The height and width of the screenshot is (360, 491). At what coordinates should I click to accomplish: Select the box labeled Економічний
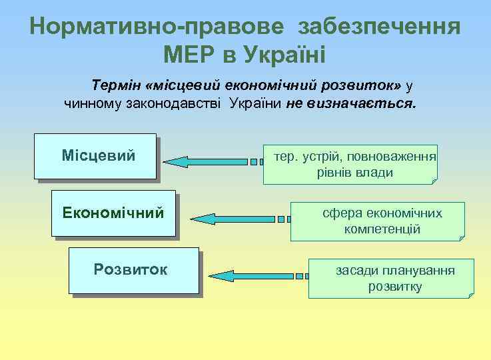(x=113, y=213)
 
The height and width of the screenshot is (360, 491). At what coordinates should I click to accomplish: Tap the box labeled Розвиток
(x=133, y=270)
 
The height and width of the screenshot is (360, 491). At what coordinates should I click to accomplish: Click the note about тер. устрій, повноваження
(x=350, y=164)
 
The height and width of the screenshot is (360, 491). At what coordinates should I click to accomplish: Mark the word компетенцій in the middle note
(x=382, y=229)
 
